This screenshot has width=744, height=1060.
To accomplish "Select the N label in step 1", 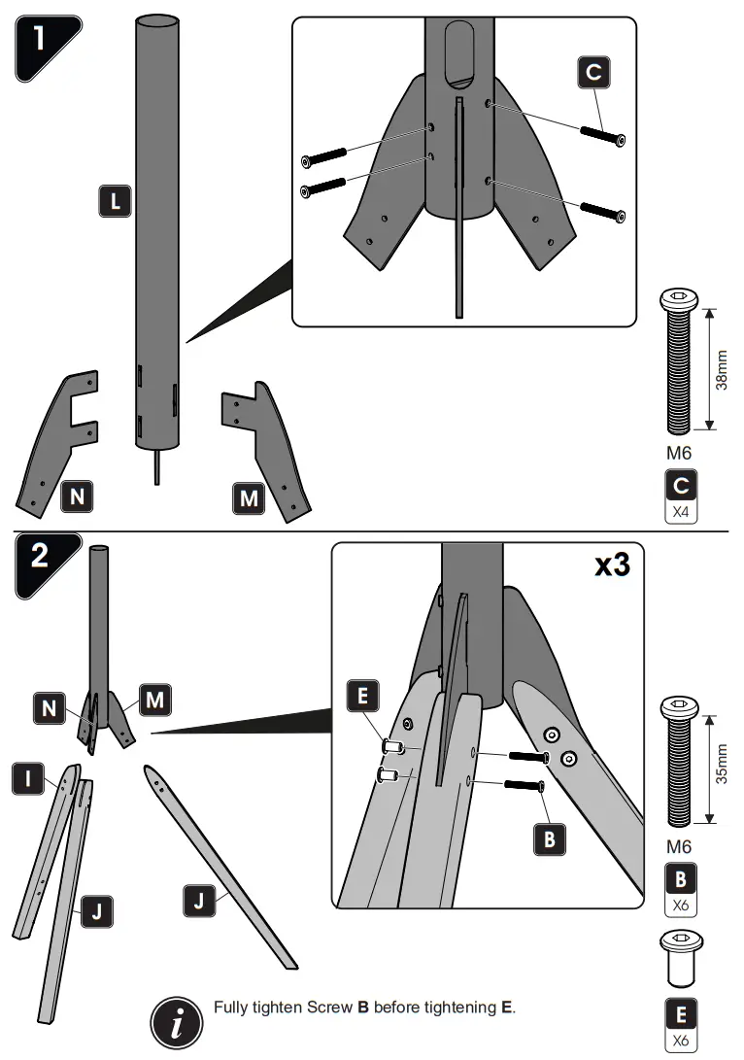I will (77, 496).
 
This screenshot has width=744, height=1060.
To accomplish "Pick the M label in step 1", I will (249, 498).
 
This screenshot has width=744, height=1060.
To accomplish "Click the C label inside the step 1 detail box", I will (593, 73).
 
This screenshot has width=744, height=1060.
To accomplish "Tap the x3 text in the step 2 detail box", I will (612, 565).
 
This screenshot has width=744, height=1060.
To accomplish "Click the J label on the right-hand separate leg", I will (199, 903).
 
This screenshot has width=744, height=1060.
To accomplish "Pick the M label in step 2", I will (154, 698).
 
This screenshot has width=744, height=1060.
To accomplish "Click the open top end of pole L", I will (157, 20).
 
